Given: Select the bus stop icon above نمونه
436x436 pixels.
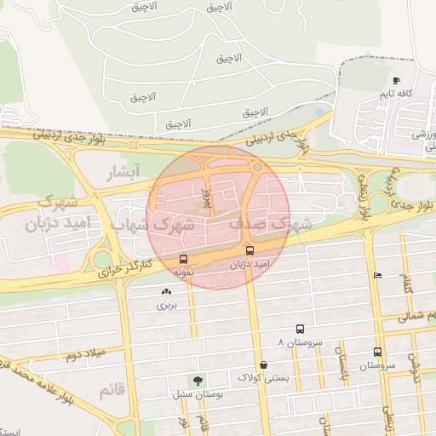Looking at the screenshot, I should pyautogui.click(x=183, y=259).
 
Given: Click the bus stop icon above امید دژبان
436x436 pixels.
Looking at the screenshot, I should pyautogui.click(x=250, y=251).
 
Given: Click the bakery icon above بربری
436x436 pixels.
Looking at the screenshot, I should pyautogui.click(x=166, y=291).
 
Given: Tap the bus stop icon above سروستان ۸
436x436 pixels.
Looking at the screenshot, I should pyautogui.click(x=300, y=329).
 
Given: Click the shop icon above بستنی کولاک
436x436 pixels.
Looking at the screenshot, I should pyautogui.click(x=263, y=364).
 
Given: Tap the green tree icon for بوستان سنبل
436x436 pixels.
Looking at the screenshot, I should pyautogui.click(x=198, y=381).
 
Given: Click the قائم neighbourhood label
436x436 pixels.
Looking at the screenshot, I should pyautogui.click(x=112, y=391).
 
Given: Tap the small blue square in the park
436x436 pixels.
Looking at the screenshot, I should pyautogui.click(x=319, y=112).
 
